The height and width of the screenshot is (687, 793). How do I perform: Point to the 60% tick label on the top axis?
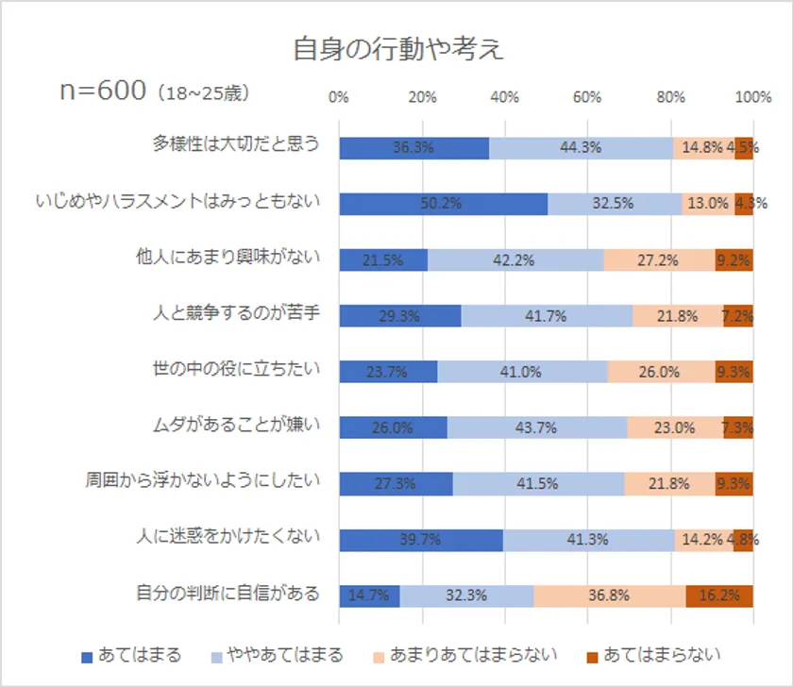[x=587, y=96]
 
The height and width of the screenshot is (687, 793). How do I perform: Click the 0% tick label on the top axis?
[x=338, y=96]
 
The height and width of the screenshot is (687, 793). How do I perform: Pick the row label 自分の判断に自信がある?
[x=226, y=594]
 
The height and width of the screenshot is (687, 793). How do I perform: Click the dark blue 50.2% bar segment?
[x=443, y=204]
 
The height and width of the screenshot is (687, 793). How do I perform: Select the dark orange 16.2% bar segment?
[x=719, y=596]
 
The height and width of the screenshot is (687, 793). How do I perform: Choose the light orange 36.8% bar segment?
[x=610, y=596]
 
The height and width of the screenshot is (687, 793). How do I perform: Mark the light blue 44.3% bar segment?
[x=581, y=148]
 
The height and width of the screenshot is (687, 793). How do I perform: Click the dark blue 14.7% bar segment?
[x=369, y=596]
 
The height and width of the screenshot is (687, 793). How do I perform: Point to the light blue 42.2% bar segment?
[x=515, y=260]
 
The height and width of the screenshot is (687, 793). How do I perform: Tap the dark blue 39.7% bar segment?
[x=420, y=540]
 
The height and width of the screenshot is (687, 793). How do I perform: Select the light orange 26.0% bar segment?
[x=661, y=372]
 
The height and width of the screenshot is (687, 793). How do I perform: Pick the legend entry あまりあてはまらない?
[x=463, y=655]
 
